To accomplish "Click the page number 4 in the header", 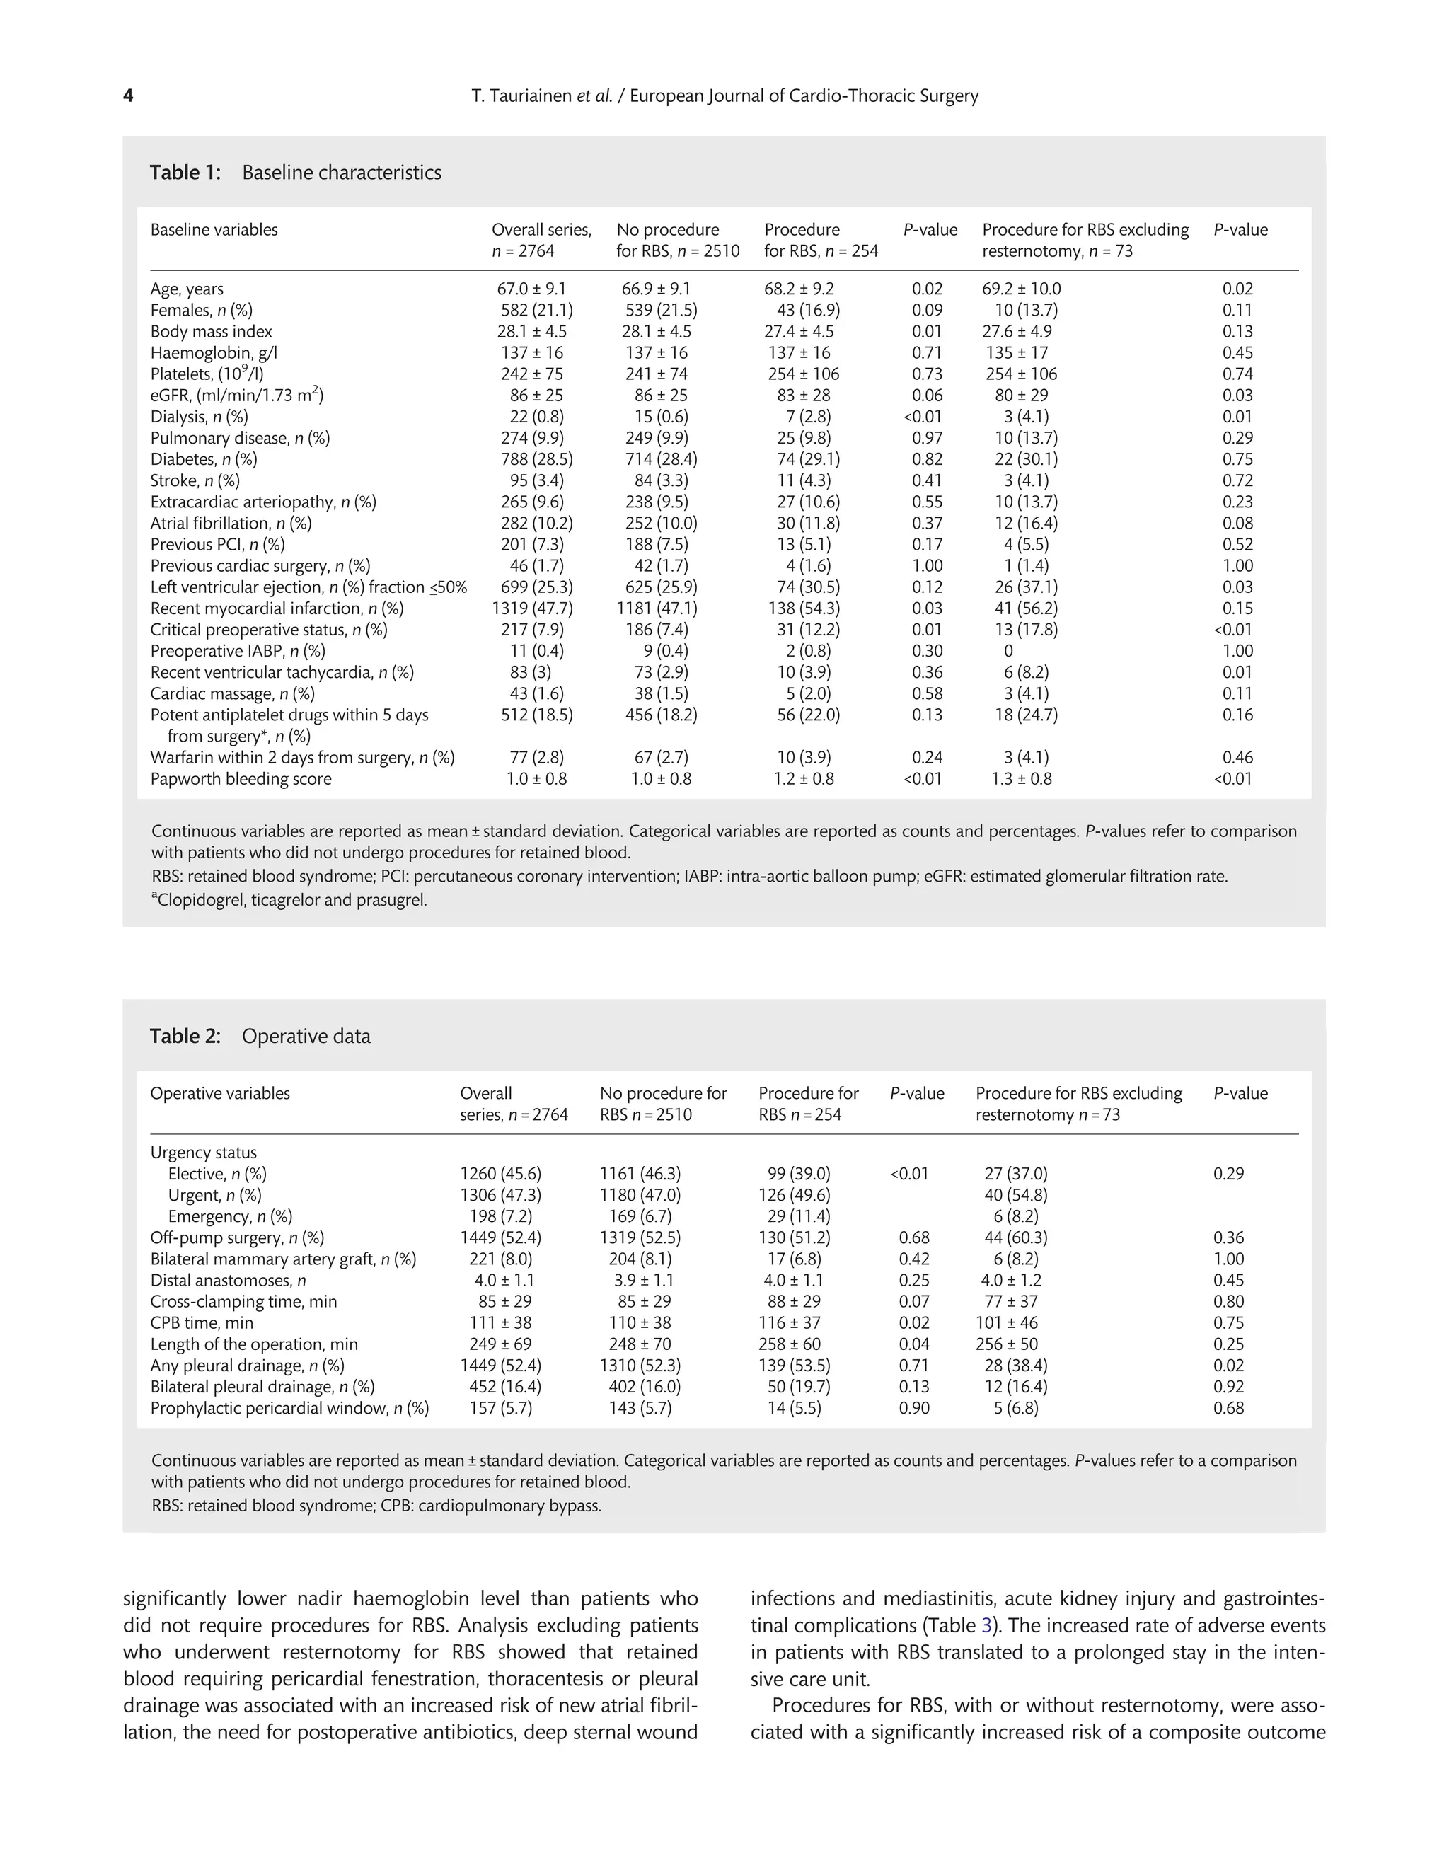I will click(128, 96).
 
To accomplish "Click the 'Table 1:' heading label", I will click(185, 173).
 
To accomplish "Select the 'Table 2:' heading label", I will click(185, 1037).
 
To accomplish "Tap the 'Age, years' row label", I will click(186, 289).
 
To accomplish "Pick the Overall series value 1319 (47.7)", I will click(532, 608).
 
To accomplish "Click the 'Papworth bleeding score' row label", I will click(241, 780).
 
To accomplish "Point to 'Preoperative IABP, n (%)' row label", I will click(237, 652).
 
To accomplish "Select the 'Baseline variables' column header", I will click(214, 230).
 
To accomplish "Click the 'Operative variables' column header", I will click(220, 1094).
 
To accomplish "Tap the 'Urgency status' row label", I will click(204, 1153).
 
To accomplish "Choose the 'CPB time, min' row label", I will click(202, 1323).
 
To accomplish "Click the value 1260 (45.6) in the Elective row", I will click(500, 1175).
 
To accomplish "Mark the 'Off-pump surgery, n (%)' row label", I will click(237, 1238).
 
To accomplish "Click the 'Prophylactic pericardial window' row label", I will click(289, 1408).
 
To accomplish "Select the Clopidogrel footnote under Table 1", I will click(289, 901).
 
